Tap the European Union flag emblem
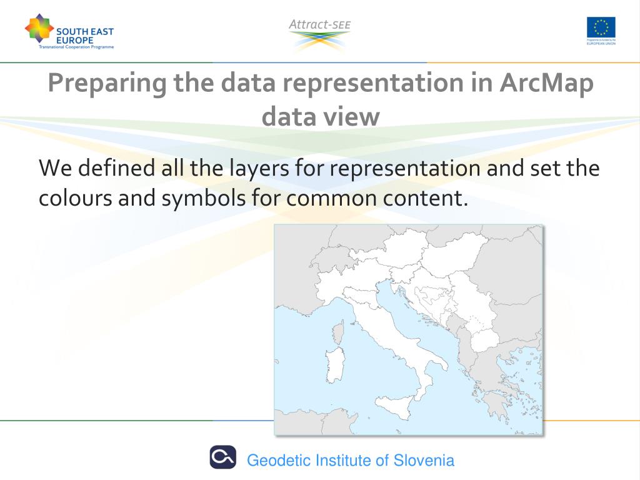(601, 27)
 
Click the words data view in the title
(320, 117)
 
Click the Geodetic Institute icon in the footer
(222, 457)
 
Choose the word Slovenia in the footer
(423, 461)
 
